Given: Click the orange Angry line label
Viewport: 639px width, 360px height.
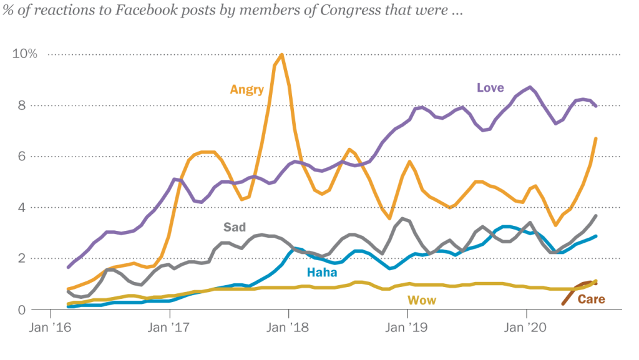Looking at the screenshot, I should pos(247,89).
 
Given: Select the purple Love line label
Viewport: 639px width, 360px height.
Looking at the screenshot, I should pos(490,87).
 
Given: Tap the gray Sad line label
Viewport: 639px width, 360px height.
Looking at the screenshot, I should pos(235,226).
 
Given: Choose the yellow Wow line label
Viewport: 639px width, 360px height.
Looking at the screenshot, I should pos(422,301).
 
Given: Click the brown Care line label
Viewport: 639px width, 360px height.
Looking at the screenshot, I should pos(591,299).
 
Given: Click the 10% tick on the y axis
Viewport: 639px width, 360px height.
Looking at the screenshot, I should pos(25,54).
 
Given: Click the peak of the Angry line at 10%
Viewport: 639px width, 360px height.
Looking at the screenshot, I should pos(282,55).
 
